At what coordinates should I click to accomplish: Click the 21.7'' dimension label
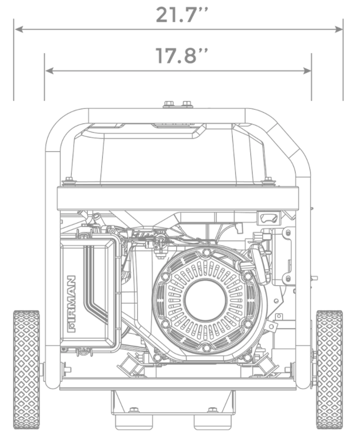[181, 15]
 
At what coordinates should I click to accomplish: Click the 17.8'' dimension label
[181, 55]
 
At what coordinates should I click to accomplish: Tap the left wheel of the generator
[26, 369]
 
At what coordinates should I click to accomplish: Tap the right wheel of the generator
[330, 369]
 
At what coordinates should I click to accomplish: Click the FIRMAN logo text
[71, 304]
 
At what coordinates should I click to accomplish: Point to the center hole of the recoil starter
[205, 300]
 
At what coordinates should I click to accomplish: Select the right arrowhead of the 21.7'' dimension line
[338, 29]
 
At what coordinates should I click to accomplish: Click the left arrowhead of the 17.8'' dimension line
[49, 70]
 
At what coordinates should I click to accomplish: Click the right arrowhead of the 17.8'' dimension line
[307, 70]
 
